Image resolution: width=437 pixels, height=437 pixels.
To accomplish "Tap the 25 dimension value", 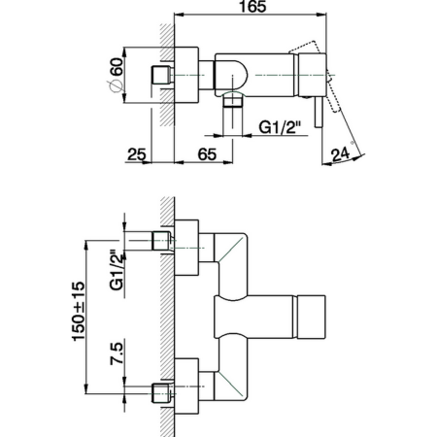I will pos(136,154).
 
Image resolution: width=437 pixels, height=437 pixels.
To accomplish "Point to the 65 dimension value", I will pos(206,154).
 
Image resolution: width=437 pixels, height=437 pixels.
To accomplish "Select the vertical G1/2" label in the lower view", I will pos(115,271).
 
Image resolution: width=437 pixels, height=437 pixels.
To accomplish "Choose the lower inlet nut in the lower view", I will pos(160,393).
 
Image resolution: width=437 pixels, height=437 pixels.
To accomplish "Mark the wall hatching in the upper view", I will pos(167,107).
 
